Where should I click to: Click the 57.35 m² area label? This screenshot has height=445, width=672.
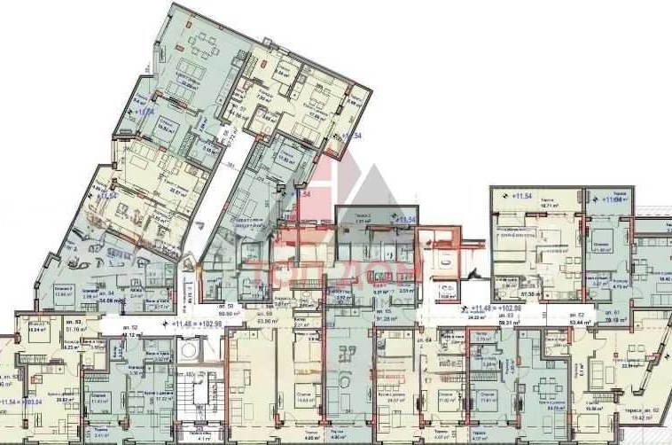click(531, 292)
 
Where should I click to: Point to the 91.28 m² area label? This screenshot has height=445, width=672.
click(386, 319)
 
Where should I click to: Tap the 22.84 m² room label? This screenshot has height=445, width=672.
click(631, 363)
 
